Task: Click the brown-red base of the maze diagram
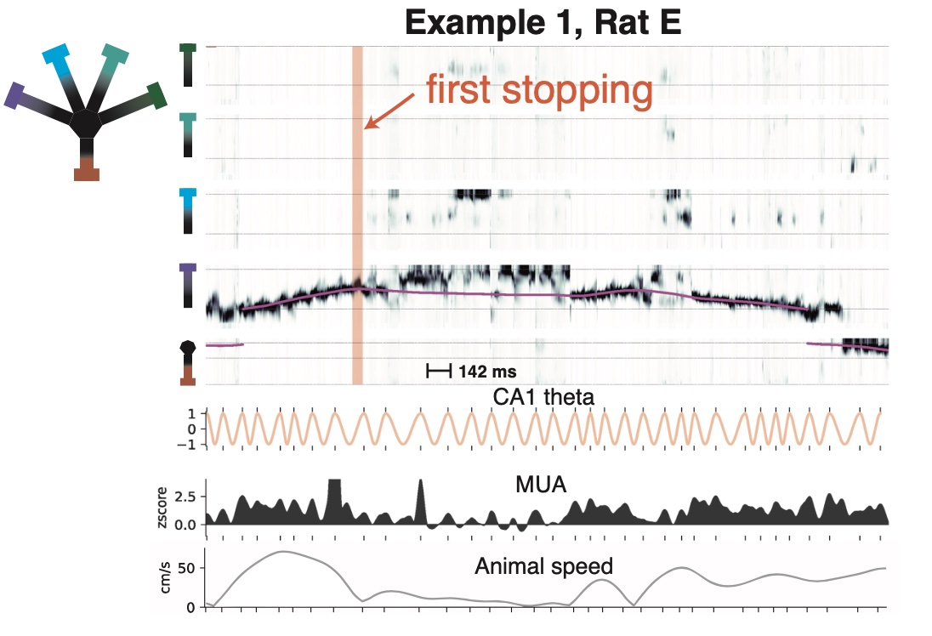87,173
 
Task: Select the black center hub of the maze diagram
86,123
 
